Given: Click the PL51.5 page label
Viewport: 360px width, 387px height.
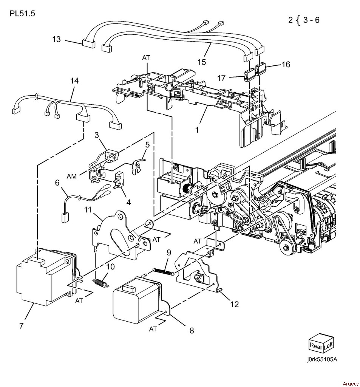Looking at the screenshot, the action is [x=22, y=13].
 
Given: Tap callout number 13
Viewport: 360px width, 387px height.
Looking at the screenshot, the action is [x=56, y=39].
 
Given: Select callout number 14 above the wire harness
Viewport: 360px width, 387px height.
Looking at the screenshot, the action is [x=74, y=81].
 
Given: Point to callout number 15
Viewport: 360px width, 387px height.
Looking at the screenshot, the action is [x=202, y=62].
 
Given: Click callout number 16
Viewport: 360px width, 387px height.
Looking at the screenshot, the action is [x=286, y=64].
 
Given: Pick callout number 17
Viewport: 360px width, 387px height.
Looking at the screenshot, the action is [x=221, y=78].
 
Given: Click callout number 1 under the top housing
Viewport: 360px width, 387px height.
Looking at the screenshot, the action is [x=197, y=130].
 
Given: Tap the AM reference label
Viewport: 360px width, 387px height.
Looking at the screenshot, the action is [x=72, y=176].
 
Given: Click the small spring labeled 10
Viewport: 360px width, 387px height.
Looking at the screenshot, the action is [x=101, y=283].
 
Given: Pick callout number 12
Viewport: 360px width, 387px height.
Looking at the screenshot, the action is [x=235, y=304].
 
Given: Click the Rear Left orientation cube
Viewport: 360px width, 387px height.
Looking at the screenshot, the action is [x=321, y=342].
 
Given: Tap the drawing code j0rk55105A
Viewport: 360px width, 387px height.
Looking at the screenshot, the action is [x=322, y=359].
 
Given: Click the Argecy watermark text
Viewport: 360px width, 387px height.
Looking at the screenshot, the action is [x=351, y=384].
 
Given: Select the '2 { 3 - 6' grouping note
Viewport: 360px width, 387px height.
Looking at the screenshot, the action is [x=304, y=20].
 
